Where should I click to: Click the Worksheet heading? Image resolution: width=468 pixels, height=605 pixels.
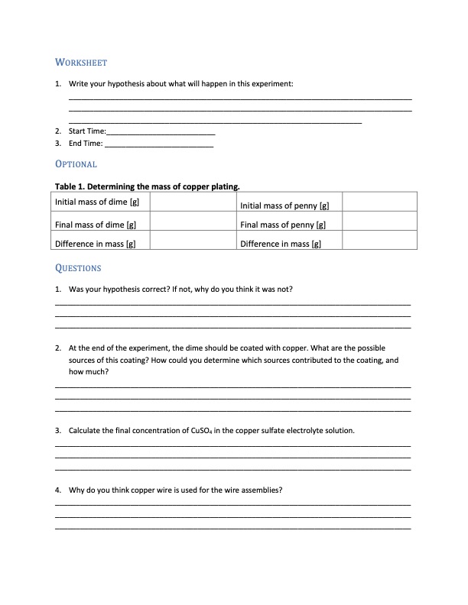[81, 62]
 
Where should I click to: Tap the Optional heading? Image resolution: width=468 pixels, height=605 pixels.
[76, 164]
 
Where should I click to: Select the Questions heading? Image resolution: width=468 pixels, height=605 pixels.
[79, 268]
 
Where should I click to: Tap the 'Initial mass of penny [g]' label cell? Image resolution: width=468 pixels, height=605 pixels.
[284, 205]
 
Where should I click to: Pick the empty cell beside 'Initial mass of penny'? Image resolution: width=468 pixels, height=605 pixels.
[379, 202]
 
